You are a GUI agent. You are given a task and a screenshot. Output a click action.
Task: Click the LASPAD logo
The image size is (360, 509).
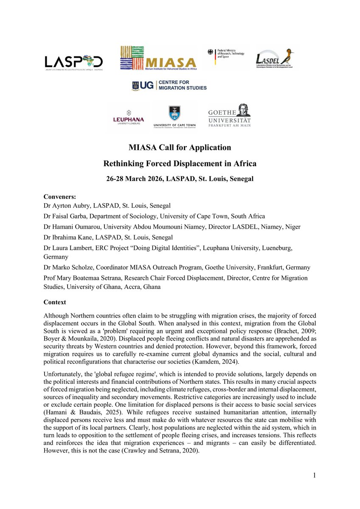pyautogui.click(x=73, y=62)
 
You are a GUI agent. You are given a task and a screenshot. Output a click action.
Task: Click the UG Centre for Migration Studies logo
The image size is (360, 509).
pyautogui.click(x=169, y=85)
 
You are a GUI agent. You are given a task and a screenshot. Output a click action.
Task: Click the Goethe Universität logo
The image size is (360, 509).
pyautogui.click(x=229, y=115)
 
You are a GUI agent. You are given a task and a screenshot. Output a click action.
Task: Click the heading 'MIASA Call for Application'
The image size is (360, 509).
pyautogui.click(x=180, y=148)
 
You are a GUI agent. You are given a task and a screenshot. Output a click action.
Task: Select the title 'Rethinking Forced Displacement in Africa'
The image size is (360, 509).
pyautogui.click(x=180, y=163)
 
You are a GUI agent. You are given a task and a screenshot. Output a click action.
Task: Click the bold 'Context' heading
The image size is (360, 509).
pyautogui.click(x=55, y=302)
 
